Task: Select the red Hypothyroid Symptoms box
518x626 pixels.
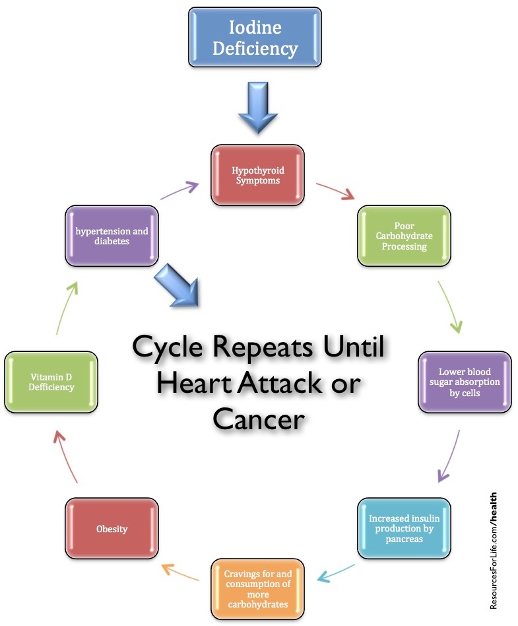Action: click(257, 175)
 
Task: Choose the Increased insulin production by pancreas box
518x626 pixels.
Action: click(404, 528)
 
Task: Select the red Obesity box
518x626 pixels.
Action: click(112, 528)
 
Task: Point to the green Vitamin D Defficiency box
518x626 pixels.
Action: click(51, 382)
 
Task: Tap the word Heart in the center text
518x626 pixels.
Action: click(197, 382)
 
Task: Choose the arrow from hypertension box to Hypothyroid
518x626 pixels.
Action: click(179, 191)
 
